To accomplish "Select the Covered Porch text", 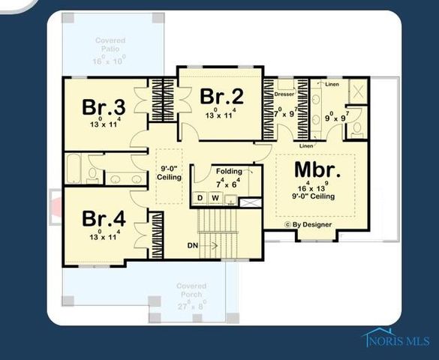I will pos(191,291).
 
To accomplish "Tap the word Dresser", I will pos(284,94).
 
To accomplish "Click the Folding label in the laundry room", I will pos(229,172).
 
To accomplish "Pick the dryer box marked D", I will pos(200,198).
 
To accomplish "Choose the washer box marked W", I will pos(215,198).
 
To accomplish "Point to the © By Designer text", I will pos(308,224).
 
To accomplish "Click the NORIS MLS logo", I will pos(398,340).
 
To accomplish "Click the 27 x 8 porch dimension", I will pos(191,305).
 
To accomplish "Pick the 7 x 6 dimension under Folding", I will pos(228,182).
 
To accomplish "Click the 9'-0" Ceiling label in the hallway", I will pos(169,172).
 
